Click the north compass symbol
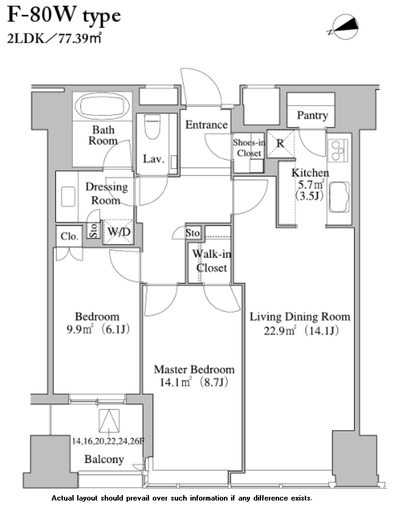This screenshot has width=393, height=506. pos(344,27)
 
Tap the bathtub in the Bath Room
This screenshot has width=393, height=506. pos(102,106)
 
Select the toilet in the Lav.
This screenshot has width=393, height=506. pos(152,126)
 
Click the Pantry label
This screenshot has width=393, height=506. pos(312,115)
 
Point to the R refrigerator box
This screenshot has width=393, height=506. pos(280,144)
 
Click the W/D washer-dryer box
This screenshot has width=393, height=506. pos(118,231)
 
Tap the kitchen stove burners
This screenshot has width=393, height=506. pos(338,150)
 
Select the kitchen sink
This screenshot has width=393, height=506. pos(339,197)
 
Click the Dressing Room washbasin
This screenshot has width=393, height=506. pos(68,196)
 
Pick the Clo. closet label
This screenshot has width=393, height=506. pos(69,236)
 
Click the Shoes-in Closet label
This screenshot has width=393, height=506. pos(249,148)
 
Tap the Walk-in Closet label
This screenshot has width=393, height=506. pos(212,261)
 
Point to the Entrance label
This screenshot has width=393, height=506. pos(206,125)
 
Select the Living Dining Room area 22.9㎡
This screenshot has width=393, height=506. pos(280,331)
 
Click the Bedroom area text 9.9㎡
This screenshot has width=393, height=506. pos(80,329)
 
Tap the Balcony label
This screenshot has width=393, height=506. pos(104,459)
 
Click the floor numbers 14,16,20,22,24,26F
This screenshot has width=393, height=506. pos(108,441)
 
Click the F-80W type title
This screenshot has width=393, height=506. pos(64,16)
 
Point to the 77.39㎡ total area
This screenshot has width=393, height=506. pos(80,38)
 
